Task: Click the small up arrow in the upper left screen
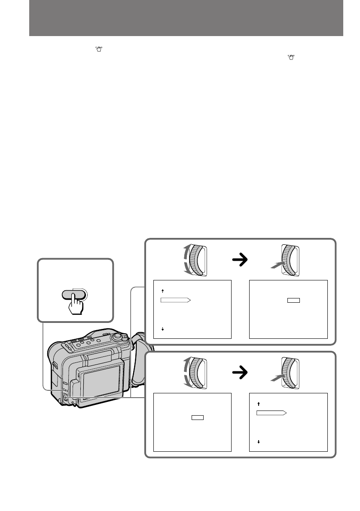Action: (163, 291)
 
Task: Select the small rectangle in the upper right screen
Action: (293, 299)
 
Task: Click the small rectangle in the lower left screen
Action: (198, 417)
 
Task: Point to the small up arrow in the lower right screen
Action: (259, 404)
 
